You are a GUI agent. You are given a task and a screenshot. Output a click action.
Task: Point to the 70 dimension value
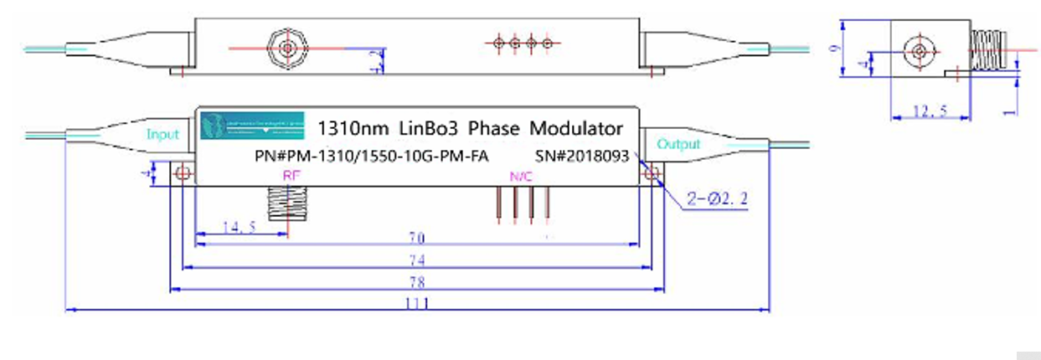pos(415,238)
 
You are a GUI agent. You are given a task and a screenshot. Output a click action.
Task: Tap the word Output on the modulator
pos(678,144)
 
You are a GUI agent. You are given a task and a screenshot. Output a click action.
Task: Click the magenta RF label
pos(291,176)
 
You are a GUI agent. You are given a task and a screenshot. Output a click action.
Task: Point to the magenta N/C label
pos(521,177)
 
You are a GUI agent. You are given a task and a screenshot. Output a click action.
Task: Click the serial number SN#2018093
pos(581,156)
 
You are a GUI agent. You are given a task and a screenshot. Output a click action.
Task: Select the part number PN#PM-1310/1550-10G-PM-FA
pos(371,157)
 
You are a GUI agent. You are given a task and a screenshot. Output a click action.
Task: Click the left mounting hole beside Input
pos(183,174)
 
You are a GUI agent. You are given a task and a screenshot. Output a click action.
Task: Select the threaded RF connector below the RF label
pos(286,203)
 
